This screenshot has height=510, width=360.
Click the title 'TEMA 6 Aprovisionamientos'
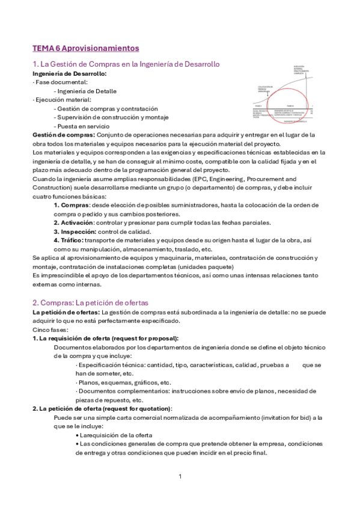pyautogui.click(x=85, y=48)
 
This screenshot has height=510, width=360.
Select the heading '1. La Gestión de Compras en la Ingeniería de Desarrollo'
pyautogui.click(x=126, y=64)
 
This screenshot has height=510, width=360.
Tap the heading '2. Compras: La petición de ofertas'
pyautogui.click(x=90, y=303)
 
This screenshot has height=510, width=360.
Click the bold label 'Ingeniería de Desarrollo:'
pyautogui.click(x=69, y=73)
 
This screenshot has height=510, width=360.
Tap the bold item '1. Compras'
pyautogui.click(x=72, y=205)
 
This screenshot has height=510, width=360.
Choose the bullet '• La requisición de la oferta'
pyautogui.click(x=114, y=435)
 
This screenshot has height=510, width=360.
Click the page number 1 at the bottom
pyautogui.click(x=180, y=476)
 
